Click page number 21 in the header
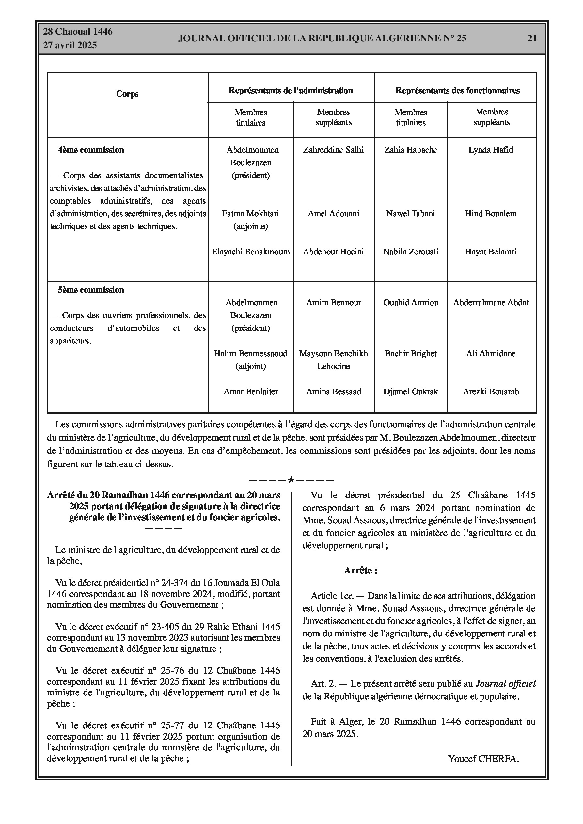[x=532, y=38]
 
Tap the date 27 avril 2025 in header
[x=70, y=45]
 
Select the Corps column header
[x=127, y=94]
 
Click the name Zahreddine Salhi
[x=333, y=150]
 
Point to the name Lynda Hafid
[x=491, y=150]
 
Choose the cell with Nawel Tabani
[x=411, y=214]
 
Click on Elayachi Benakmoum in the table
[x=250, y=252]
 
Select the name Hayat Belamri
[x=491, y=252]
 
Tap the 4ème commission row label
[x=91, y=150]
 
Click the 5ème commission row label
[x=91, y=290]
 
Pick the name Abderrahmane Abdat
[x=491, y=302]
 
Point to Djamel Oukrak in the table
[x=411, y=391]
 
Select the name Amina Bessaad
[x=333, y=391]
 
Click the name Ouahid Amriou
[x=411, y=302]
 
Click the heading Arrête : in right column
[x=361, y=571]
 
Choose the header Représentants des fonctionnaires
[x=457, y=90]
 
